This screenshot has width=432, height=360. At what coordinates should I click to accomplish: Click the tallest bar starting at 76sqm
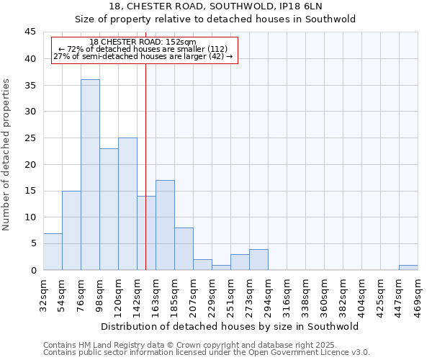pyautogui.click(x=90, y=175)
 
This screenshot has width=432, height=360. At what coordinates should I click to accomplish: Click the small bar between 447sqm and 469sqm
pyautogui.click(x=408, y=267)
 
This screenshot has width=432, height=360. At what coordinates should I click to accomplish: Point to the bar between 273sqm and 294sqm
pyautogui.click(x=258, y=259)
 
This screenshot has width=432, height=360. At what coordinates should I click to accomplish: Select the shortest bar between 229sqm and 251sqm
pyautogui.click(x=221, y=267)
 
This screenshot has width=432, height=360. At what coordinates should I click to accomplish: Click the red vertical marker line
pyautogui.click(x=146, y=166)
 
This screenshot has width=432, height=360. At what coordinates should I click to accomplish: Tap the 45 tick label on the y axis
pyautogui.click(x=30, y=32)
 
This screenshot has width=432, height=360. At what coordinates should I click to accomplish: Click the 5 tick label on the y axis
pyautogui.click(x=32, y=243)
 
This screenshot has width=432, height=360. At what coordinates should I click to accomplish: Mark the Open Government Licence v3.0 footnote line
pyautogui.click(x=207, y=352)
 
